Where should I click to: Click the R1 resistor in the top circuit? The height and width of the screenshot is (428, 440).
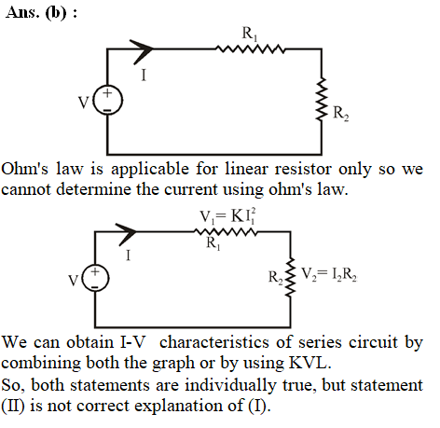pos(250,49)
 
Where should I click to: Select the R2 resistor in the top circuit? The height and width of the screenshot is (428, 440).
pos(322,99)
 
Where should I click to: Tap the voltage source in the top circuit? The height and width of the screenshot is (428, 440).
pos(108,101)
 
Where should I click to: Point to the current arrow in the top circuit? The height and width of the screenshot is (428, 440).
pos(142,51)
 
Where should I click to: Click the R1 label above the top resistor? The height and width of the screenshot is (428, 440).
pos(250,34)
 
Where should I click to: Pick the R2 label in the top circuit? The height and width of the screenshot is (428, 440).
pos(341,113)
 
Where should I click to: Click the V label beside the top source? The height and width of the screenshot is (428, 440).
pos(84,103)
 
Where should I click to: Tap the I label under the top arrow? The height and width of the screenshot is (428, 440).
pos(144,75)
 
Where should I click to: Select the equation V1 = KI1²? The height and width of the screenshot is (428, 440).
pos(227,216)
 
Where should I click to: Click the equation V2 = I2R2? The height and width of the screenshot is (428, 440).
pos(329,274)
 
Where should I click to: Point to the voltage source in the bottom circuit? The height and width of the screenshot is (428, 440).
pos(95,278)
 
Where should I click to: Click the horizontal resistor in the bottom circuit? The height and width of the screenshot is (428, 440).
pos(226,232)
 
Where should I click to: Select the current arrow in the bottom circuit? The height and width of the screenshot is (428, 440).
pos(126,234)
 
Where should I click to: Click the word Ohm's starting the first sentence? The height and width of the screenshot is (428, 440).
pos(25,170)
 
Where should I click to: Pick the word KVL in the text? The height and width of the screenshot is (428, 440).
pos(309,363)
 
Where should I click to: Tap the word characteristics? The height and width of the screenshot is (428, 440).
pos(214,342)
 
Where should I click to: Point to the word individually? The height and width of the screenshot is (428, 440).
pos(230,386)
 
